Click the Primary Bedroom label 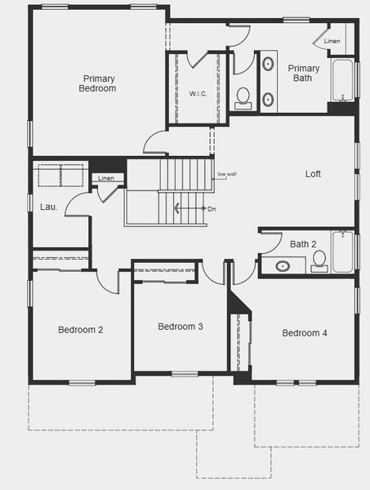point(99,83)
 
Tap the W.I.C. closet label point(198,94)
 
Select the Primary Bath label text point(303,73)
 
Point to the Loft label point(313,174)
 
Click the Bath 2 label point(303,244)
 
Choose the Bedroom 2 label point(80,330)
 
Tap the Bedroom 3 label point(181,327)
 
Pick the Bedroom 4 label point(305,333)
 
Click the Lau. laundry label point(49,207)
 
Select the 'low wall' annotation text point(226,174)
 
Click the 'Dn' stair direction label point(212,210)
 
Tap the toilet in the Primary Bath point(243,98)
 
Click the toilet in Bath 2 point(319,261)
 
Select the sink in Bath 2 point(283,265)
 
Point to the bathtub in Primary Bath point(342,79)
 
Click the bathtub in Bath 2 point(343,251)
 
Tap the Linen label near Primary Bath point(332,41)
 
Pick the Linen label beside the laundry point(106,178)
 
